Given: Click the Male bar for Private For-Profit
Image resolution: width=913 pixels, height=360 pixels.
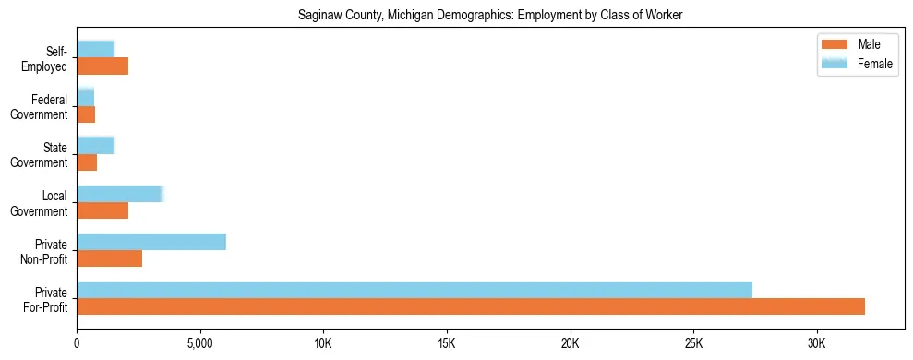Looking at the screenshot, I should coord(471,306).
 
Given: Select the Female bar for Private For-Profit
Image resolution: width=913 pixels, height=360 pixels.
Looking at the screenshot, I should coord(414,290).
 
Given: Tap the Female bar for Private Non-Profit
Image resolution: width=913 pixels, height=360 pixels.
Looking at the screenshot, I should coord(151,242).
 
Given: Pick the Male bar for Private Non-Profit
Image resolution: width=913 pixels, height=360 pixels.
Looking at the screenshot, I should coord(109,258).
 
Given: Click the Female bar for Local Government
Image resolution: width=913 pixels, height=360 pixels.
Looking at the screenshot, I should coord(120,194).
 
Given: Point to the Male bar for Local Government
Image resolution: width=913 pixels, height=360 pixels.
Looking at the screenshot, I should coord(102,210).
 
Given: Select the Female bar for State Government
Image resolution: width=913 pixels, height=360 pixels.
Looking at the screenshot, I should coord(95,145).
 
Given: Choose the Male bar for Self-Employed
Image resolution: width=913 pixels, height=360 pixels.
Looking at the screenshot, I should coord(102,66).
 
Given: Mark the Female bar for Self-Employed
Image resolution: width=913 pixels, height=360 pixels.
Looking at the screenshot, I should coord(95,49).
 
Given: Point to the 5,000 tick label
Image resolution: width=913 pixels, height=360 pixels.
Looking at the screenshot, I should coord(200,343).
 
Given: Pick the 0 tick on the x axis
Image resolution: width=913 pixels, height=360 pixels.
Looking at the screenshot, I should coord(77,343).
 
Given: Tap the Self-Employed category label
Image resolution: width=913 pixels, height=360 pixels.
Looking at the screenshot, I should coord(45,58).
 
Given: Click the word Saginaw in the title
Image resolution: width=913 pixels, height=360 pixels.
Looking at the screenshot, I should coord(318,16).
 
